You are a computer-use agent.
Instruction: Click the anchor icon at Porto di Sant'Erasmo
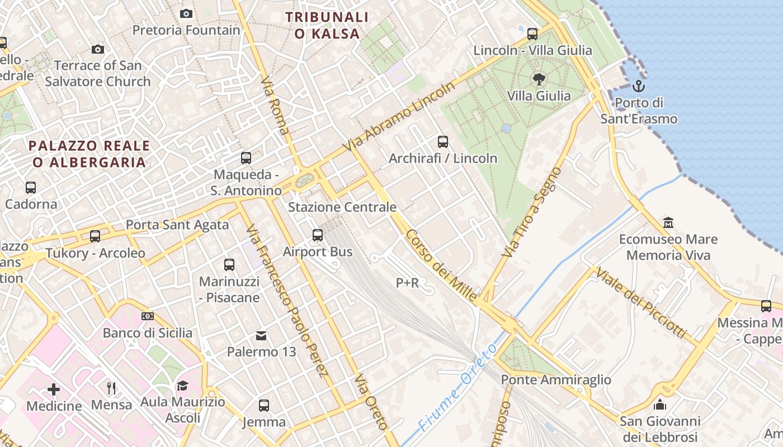pos(638,86)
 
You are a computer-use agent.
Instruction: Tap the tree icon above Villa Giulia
pos(539,79)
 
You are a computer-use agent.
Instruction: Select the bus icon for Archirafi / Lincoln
pos(443,142)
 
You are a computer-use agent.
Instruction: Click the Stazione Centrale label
pos(342,207)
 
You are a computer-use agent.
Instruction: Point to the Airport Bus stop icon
pos(318,235)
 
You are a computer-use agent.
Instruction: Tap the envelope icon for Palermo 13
pos(261,335)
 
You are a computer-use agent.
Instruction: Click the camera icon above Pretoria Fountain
pos(186,13)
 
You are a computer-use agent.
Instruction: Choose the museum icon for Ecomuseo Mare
pos(668,223)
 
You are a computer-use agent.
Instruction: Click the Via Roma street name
pos(276,106)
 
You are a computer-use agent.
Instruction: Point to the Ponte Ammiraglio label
pos(556,380)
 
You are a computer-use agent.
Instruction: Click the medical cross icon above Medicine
pos(54,389)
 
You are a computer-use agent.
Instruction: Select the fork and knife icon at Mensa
pos(111,388)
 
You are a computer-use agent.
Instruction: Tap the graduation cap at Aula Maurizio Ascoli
pos(182,386)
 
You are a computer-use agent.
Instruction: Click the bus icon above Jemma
pos(264,406)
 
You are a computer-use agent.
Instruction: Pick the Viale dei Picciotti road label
pos(641,302)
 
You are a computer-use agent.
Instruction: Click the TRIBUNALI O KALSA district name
pos(327,25)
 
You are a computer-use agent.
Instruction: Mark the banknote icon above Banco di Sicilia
pos(147,316)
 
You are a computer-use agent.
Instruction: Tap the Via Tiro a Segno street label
pos(531,212)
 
